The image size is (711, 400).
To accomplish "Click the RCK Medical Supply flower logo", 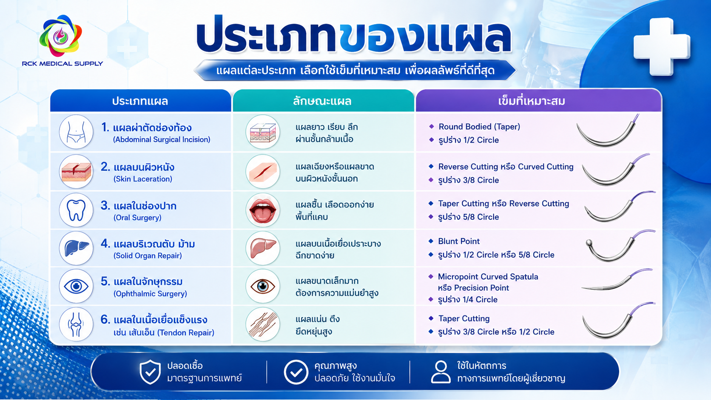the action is [60, 36].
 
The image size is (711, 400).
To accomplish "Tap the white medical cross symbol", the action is [662, 47].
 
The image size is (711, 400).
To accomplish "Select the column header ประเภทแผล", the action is [140, 101].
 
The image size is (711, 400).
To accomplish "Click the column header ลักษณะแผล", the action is [322, 101].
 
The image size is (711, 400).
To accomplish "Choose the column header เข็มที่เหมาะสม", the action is [532, 101].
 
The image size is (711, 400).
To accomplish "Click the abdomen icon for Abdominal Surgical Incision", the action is [76, 132].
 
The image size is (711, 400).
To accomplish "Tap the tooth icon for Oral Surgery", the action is [76, 210].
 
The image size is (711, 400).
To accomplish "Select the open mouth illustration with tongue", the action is [262, 210].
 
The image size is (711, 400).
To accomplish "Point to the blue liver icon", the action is [76, 248].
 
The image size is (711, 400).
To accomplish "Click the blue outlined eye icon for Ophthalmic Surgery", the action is [76, 286].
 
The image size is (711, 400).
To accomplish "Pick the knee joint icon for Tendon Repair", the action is [76, 324].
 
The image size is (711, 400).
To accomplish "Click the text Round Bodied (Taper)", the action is [479, 127].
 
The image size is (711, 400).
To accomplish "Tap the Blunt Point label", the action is [459, 241].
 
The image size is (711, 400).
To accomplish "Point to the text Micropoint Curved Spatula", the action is [488, 277].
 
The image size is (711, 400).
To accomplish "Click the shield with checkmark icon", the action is [150, 372].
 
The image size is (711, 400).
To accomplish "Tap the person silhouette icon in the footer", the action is [441, 372].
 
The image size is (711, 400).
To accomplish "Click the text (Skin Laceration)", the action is [143, 179].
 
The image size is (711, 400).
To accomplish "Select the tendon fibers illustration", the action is [262, 324].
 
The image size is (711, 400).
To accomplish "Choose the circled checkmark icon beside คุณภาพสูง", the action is [296, 372].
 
